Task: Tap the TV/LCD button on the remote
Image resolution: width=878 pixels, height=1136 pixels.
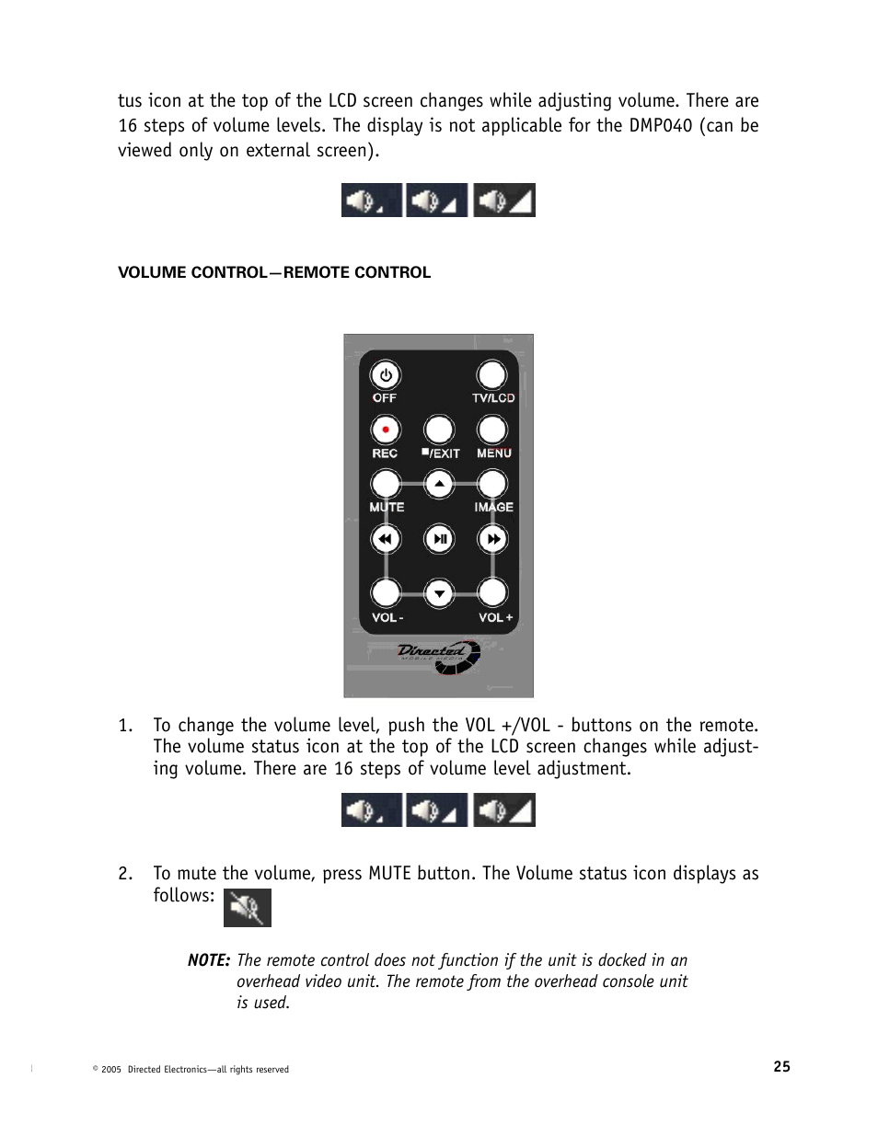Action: tap(491, 375)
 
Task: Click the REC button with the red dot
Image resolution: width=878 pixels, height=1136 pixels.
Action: tap(385, 430)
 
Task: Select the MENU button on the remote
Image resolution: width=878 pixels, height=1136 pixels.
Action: tap(492, 430)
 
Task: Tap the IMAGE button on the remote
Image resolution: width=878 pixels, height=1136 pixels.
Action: tap(492, 484)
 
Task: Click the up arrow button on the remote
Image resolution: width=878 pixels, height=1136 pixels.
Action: tap(439, 484)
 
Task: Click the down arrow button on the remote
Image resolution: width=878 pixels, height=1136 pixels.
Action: tap(439, 593)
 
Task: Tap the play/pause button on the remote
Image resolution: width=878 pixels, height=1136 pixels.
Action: tap(439, 539)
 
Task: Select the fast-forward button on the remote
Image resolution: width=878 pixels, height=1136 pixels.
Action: tap(493, 539)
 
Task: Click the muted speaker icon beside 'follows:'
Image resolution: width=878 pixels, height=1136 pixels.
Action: tap(248, 908)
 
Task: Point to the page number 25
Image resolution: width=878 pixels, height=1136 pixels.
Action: tap(781, 1067)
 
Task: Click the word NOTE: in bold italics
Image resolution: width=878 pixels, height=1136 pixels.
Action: tap(209, 960)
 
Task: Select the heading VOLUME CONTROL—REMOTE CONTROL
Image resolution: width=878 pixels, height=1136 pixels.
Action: tap(274, 272)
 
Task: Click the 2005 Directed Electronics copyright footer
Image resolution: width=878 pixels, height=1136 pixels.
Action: tap(191, 1070)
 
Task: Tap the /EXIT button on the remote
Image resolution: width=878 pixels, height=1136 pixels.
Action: tap(439, 430)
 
